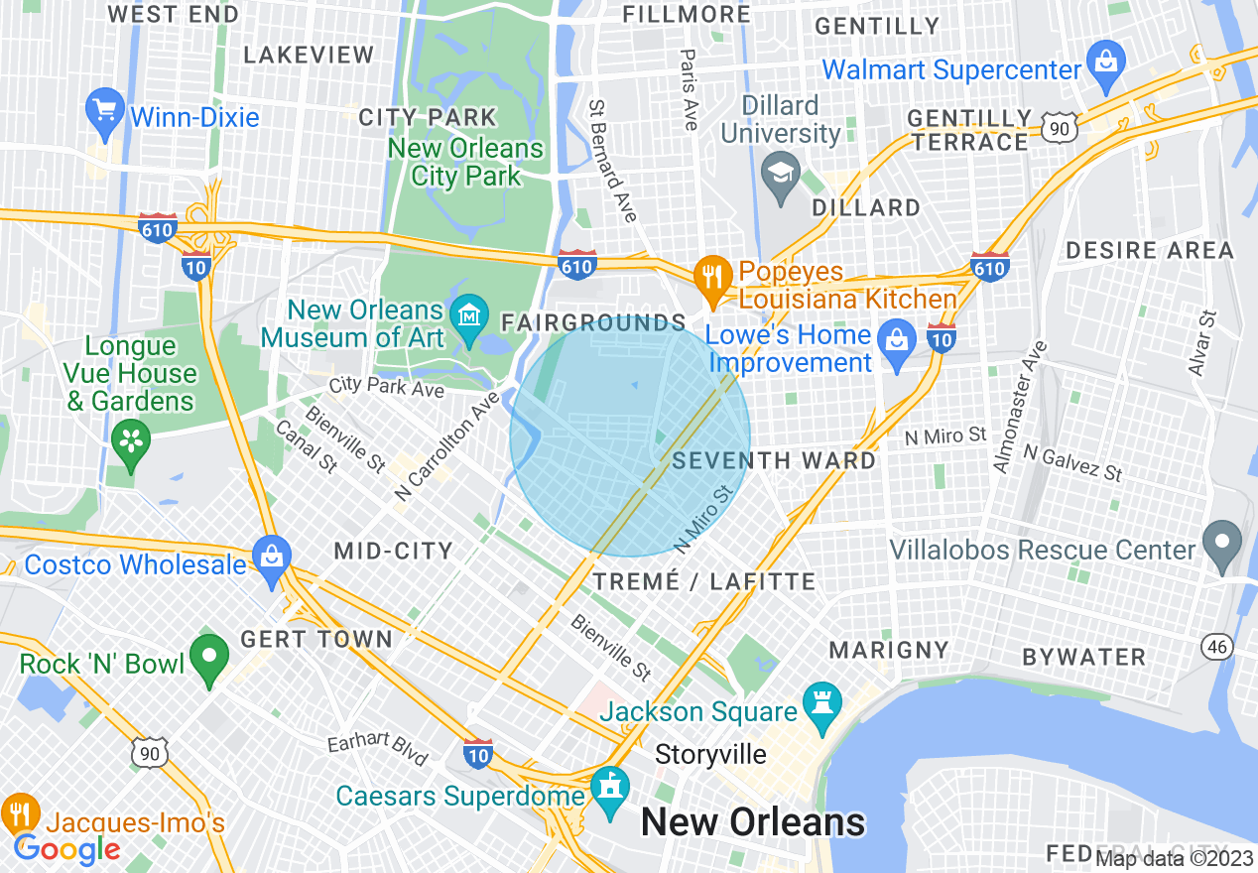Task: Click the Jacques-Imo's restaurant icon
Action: pos(19,812)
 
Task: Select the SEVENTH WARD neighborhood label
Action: pos(774,460)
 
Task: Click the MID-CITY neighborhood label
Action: pos(393,551)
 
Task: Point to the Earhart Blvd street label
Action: pos(378,751)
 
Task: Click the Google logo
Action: pos(67,848)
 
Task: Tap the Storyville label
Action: pos(710,755)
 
